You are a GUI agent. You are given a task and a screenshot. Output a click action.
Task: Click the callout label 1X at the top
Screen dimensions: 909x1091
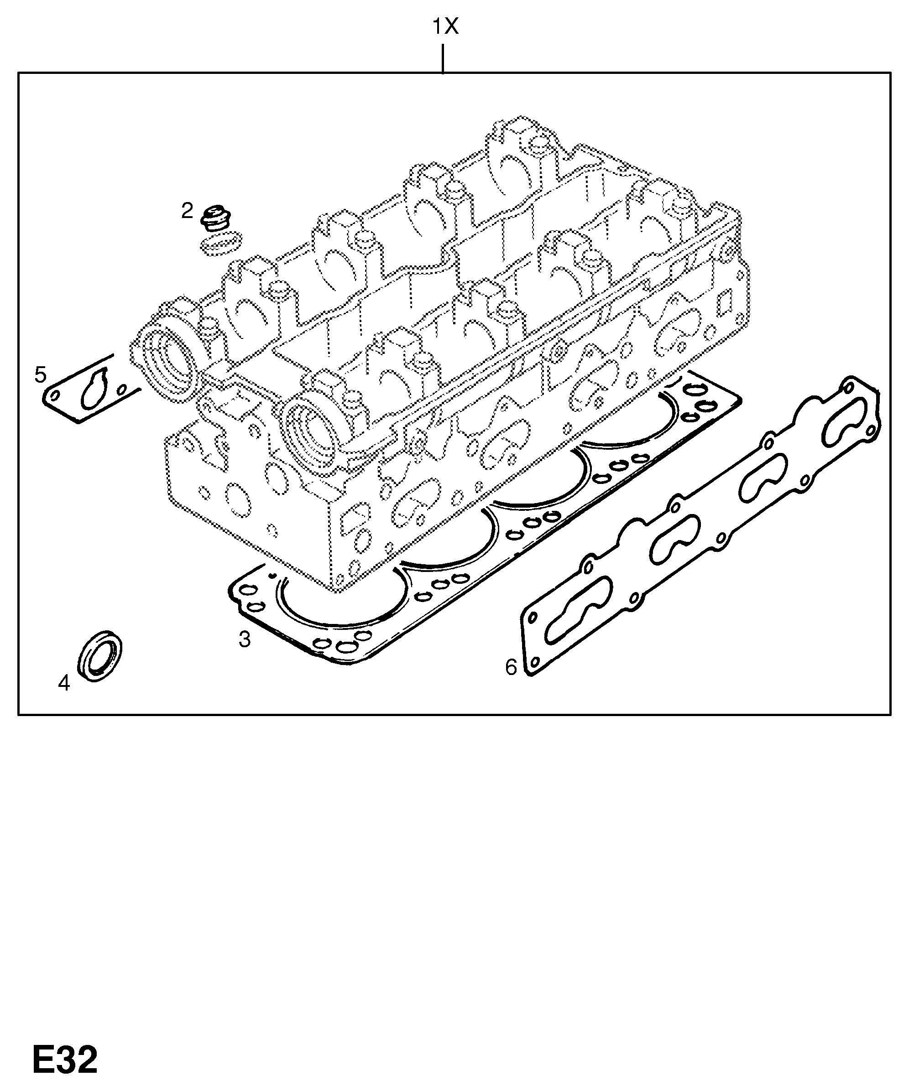click(x=446, y=26)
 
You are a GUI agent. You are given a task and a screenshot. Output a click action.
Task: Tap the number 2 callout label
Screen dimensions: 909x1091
click(x=187, y=211)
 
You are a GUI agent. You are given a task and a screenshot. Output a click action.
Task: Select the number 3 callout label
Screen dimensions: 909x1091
click(x=244, y=639)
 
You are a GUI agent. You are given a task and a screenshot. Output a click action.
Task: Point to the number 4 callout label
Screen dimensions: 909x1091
click(x=64, y=683)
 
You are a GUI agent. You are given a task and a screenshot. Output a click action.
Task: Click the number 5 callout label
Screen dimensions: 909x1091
click(x=41, y=374)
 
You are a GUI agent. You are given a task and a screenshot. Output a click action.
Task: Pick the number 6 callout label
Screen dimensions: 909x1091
click(x=512, y=667)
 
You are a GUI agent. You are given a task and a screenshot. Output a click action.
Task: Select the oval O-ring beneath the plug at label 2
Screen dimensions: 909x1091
click(x=221, y=243)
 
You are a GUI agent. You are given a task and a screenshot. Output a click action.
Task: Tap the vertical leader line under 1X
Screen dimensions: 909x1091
click(x=442, y=58)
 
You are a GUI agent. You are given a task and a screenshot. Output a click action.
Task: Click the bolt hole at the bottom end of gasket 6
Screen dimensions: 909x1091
click(x=533, y=662)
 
